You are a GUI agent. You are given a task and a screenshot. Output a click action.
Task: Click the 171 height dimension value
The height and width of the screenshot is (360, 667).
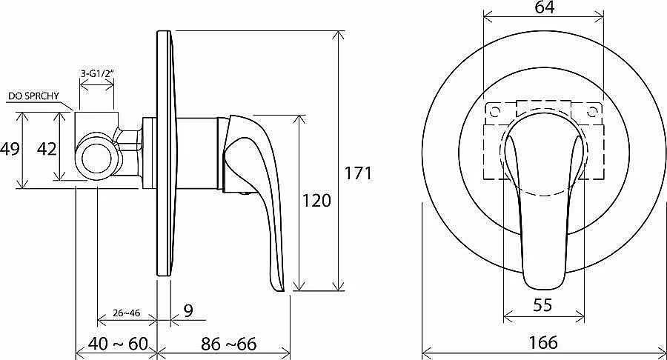(x=358, y=173)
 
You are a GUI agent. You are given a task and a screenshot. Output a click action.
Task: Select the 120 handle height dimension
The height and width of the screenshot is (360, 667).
(x=316, y=200)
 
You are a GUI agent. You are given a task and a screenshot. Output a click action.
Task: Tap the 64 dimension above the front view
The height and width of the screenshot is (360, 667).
(x=545, y=7)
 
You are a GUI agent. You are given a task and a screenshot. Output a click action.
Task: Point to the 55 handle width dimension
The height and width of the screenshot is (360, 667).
(x=542, y=304)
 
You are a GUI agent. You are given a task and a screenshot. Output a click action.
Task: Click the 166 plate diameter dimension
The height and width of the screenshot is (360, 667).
(x=543, y=342)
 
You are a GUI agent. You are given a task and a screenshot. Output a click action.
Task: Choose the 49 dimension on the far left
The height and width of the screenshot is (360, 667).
(x=10, y=149)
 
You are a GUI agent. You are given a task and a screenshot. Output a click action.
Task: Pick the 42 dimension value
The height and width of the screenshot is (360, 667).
(x=47, y=149)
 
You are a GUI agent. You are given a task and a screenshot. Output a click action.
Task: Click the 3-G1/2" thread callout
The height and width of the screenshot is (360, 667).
(x=97, y=73)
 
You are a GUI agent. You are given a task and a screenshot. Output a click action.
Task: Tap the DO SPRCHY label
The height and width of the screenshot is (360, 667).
(x=33, y=96)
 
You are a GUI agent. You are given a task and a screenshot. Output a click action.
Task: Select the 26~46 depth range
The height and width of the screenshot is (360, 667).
(x=126, y=313)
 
